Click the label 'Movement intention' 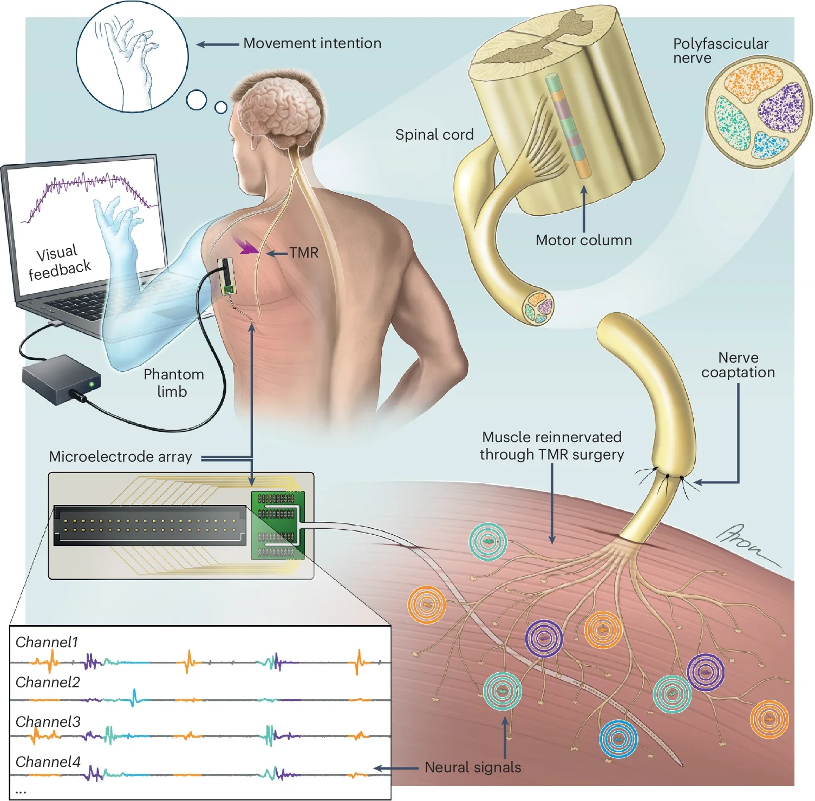point(312,43)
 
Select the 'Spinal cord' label point(434,135)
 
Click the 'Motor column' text point(584,240)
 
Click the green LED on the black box point(92,384)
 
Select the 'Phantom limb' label point(173,383)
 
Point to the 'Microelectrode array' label point(120,457)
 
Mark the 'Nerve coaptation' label point(738,365)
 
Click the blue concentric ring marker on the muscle point(618,738)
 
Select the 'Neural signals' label point(472,767)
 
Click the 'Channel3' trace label point(48,722)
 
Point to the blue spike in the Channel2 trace point(134,698)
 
